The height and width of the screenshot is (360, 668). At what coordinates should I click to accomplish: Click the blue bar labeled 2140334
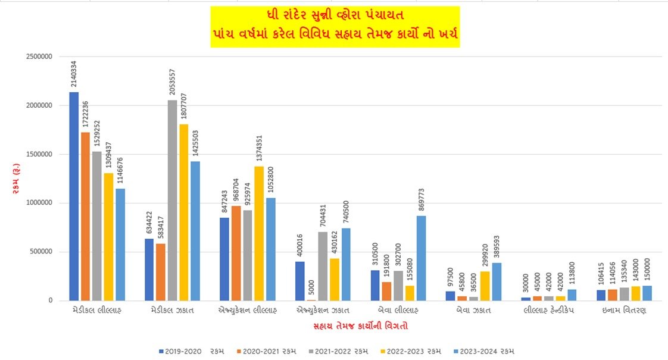[74, 196]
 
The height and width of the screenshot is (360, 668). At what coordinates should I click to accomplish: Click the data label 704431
[322, 214]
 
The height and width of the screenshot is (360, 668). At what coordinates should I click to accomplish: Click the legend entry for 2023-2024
[483, 351]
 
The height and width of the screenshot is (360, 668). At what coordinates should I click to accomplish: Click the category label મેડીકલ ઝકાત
[171, 311]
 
